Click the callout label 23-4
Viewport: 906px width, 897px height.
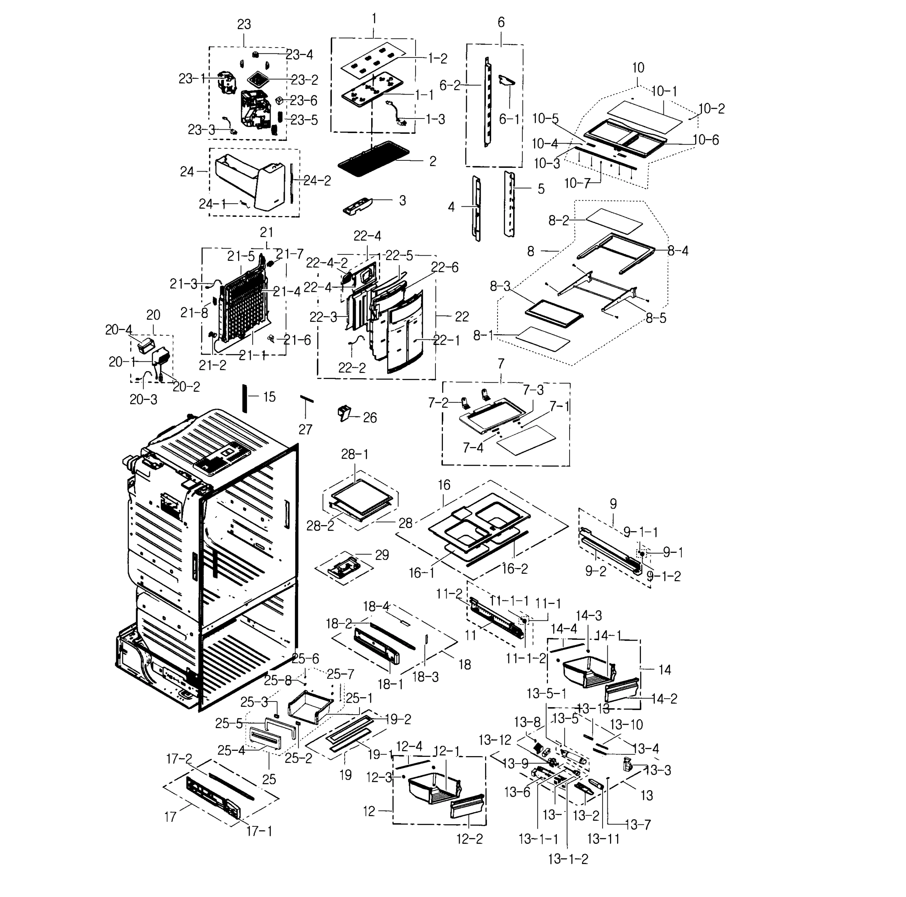point(300,55)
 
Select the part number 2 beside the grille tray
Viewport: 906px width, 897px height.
point(432,161)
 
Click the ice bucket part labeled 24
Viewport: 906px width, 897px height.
point(249,183)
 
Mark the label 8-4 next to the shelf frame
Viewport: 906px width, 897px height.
point(678,251)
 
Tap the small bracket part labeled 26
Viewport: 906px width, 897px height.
point(345,414)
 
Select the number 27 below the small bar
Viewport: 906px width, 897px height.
point(305,429)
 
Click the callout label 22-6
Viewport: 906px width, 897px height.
point(444,267)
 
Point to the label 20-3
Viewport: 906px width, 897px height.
point(144,400)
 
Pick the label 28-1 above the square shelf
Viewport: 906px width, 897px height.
point(355,454)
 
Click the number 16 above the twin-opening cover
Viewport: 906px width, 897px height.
point(444,485)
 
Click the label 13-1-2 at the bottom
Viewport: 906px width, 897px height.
point(568,859)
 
